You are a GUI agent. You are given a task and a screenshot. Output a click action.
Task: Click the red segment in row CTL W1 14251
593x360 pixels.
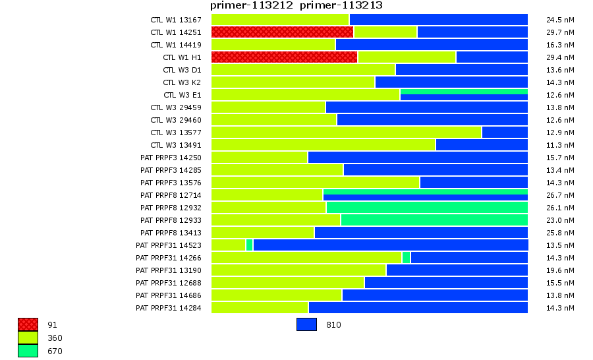click(x=282, y=32)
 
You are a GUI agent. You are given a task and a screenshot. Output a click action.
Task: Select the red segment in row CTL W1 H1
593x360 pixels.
click(x=284, y=57)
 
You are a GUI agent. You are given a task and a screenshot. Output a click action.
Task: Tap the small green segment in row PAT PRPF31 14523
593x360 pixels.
click(x=249, y=245)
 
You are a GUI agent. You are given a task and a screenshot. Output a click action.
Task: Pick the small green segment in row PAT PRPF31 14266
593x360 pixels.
click(x=406, y=257)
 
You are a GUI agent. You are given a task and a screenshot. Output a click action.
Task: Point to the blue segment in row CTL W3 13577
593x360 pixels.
click(x=505, y=132)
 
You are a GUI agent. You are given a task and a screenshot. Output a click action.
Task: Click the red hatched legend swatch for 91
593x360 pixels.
click(x=28, y=324)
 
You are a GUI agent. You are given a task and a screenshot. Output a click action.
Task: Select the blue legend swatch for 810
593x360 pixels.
click(x=306, y=324)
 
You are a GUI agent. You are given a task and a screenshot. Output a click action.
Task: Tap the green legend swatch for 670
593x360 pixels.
click(x=28, y=351)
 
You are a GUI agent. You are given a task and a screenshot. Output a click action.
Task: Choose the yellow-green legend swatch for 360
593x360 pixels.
click(x=28, y=338)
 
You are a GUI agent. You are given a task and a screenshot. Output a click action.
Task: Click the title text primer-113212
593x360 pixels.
click(x=252, y=5)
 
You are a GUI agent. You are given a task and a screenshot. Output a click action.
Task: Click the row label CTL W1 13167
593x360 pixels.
click(x=175, y=20)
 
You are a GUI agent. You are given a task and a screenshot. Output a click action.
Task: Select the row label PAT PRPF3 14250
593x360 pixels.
click(x=171, y=158)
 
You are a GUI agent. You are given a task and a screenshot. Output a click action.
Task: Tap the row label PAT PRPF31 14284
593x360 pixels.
click(x=168, y=308)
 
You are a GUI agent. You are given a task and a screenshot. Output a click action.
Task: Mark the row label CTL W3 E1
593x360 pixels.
click(x=182, y=95)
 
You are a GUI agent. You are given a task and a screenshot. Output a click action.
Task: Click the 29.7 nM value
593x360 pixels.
click(x=561, y=32)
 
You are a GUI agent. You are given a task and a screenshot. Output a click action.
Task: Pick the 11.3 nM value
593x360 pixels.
click(x=561, y=145)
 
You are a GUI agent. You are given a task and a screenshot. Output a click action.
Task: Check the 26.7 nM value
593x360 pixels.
click(x=561, y=195)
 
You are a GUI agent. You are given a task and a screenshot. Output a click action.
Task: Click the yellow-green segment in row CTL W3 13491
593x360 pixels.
click(x=323, y=144)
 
